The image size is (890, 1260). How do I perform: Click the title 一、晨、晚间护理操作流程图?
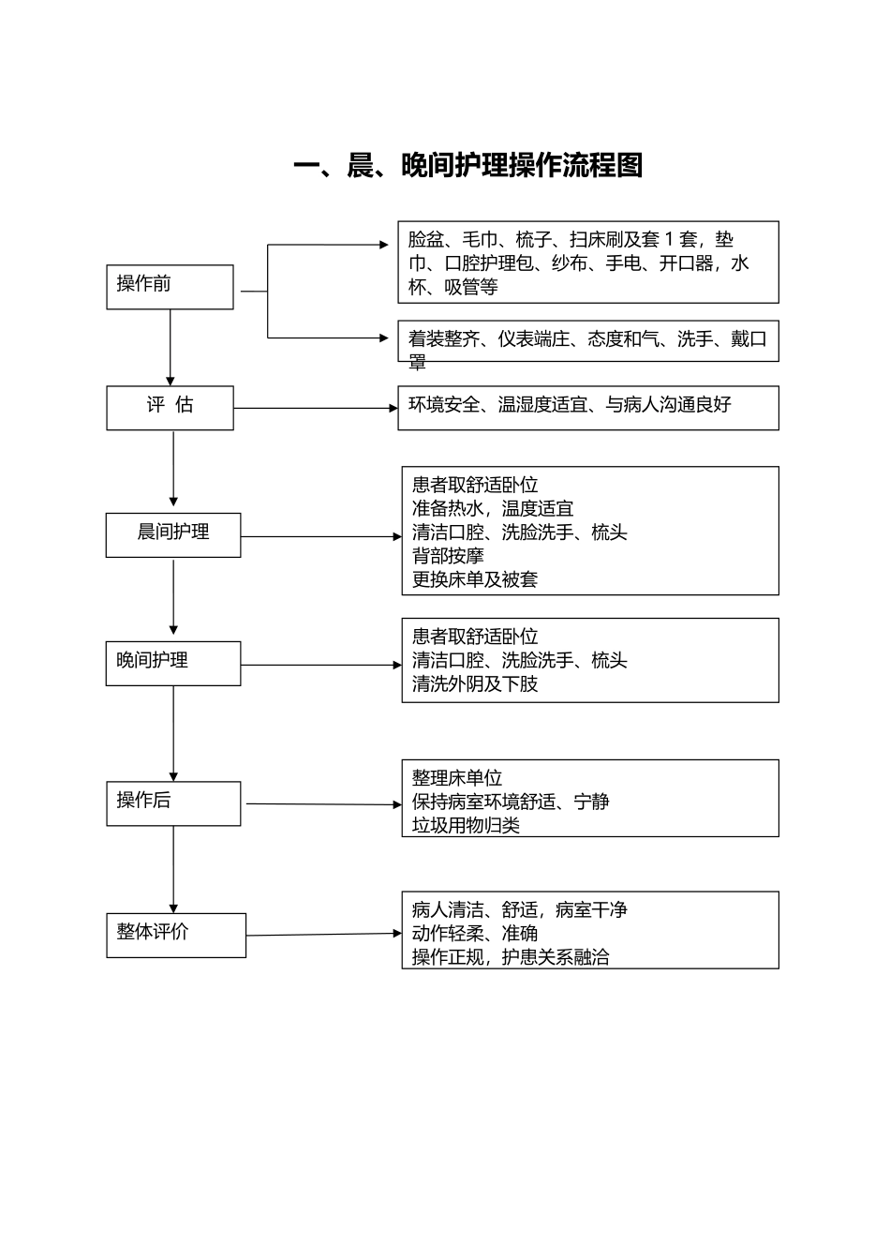[467, 166]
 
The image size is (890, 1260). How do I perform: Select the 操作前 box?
[170, 286]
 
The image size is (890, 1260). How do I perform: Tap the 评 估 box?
[170, 407]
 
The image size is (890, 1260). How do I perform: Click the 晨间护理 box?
[173, 534]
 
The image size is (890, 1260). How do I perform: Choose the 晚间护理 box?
[173, 663]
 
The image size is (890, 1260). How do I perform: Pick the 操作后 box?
[173, 802]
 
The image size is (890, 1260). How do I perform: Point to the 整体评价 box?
[176, 935]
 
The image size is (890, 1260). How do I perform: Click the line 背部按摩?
[448, 556]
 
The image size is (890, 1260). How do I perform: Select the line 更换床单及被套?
[475, 579]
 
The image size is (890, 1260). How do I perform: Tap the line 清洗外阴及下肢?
[475, 683]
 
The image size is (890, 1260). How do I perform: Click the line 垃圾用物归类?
[466, 825]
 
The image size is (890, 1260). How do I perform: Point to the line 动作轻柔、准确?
[475, 933]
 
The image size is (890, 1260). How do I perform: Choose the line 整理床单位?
[457, 778]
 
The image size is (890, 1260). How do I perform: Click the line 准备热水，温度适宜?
[493, 508]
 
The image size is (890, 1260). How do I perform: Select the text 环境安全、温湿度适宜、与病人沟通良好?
[570, 405]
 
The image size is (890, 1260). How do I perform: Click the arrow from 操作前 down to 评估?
[171, 347]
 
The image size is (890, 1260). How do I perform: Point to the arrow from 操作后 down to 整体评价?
[173, 868]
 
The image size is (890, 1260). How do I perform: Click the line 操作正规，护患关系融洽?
[511, 957]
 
